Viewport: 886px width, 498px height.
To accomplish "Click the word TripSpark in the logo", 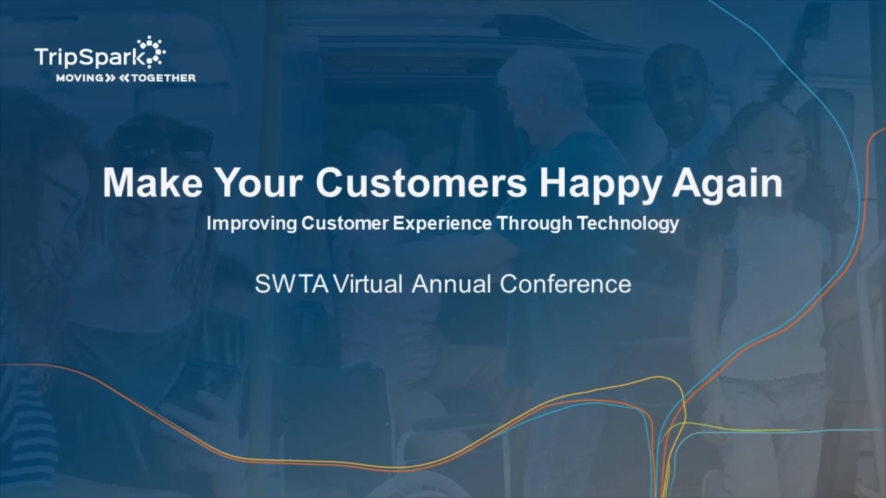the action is coord(90,57).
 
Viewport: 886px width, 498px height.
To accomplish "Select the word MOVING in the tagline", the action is coord(80,78).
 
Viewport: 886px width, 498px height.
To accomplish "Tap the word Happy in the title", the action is coord(600,186).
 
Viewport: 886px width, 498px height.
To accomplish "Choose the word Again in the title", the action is coord(727,186).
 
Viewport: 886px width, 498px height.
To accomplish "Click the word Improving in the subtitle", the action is coord(251,223).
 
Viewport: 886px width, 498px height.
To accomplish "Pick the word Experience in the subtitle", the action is coord(442,223).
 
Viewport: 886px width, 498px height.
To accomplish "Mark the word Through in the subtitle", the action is coord(534,223).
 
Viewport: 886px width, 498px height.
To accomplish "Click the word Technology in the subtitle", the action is coord(628,223).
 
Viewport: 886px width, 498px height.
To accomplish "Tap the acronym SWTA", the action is coord(292,284).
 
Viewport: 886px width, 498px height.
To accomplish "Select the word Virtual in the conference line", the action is coord(368,284).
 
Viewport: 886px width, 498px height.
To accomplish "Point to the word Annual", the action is coord(451,284).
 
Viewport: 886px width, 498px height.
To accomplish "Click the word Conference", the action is coord(566,284).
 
